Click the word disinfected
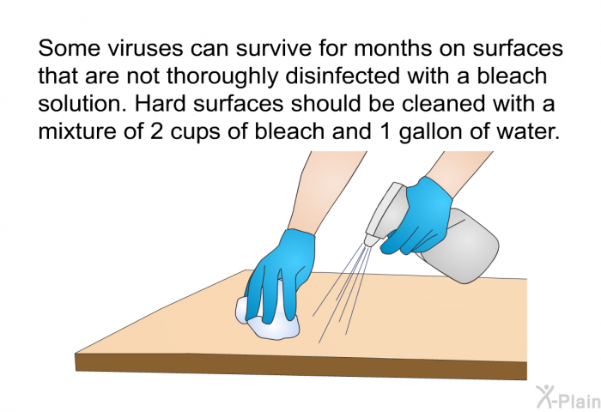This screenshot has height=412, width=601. [x=342, y=76]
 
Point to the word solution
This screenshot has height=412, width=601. [x=82, y=104]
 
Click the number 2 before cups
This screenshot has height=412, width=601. [x=157, y=132]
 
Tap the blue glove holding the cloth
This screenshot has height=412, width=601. [x=279, y=272]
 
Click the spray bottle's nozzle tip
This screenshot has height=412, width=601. [x=368, y=242]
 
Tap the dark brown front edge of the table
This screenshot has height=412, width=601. [x=300, y=366]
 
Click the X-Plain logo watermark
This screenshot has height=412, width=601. [x=568, y=397]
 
